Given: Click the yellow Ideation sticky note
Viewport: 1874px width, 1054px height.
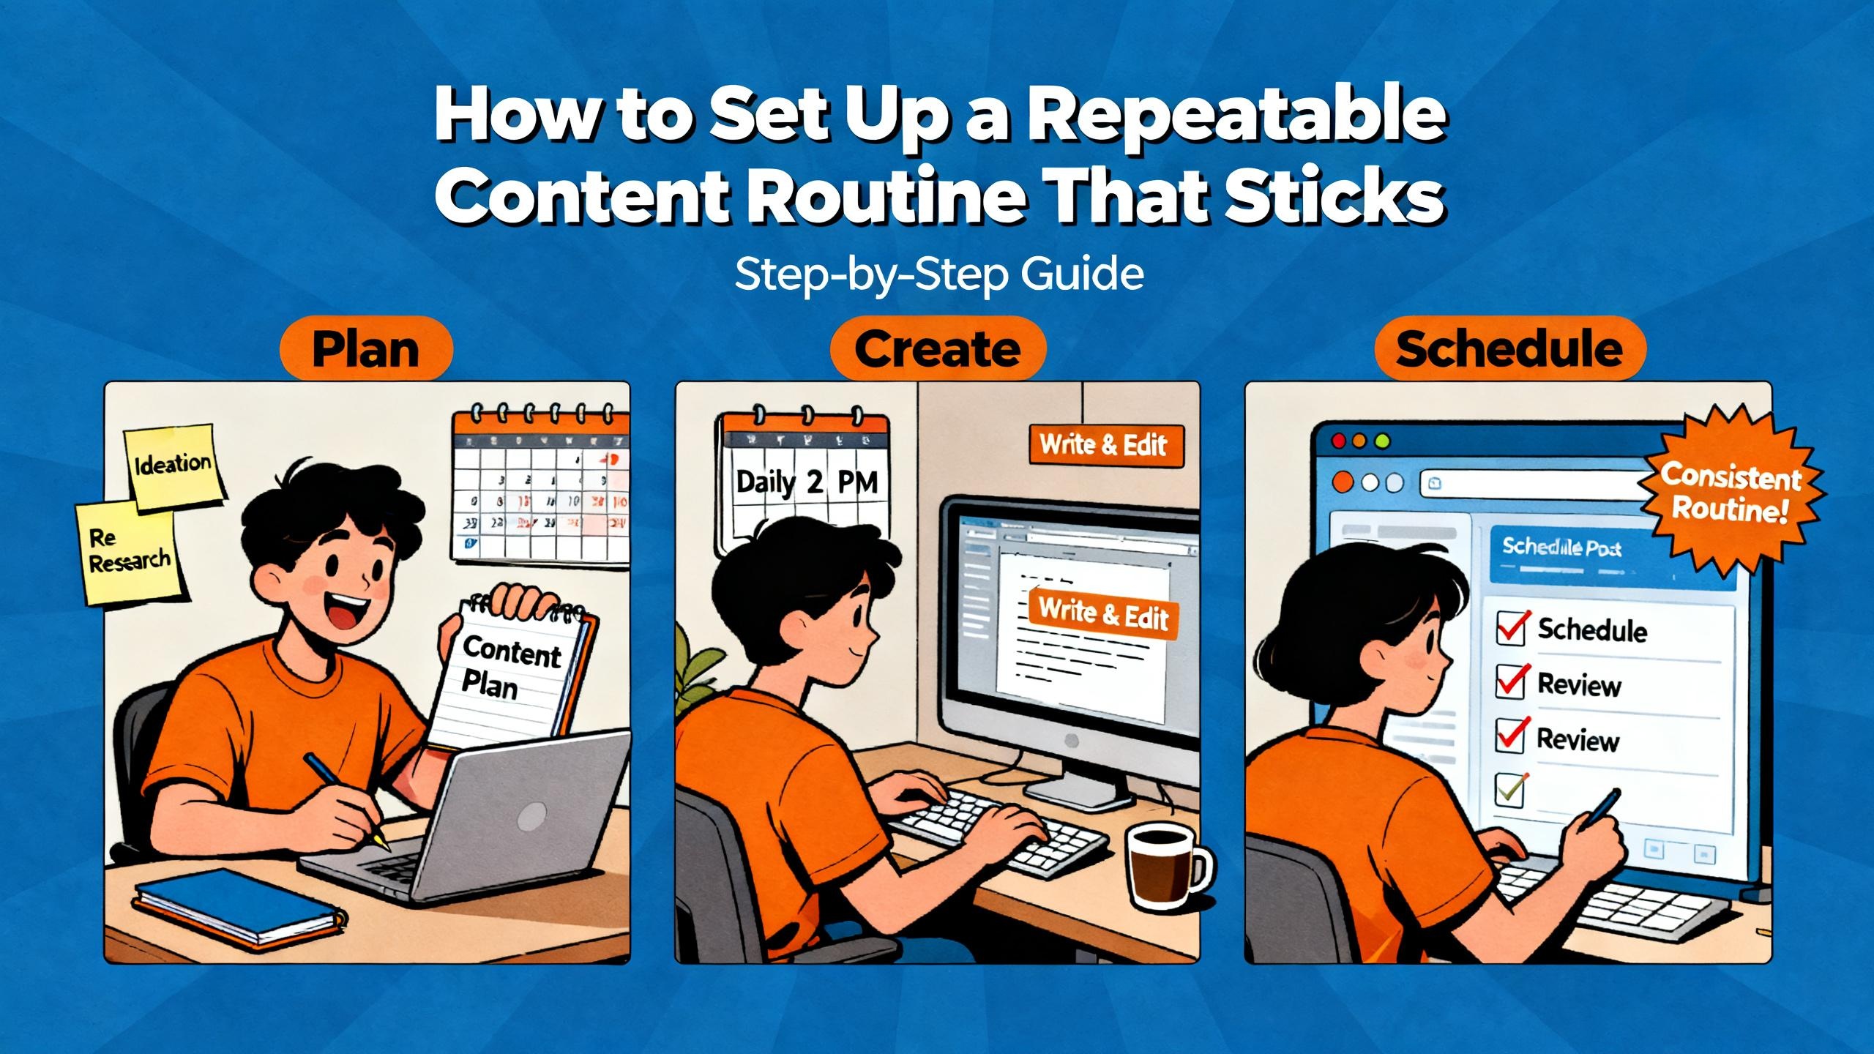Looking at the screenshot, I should [x=173, y=466].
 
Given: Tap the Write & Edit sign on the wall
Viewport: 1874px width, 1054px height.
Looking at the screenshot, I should [x=1105, y=444].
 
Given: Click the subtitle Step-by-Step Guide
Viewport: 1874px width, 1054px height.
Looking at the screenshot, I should [x=938, y=274].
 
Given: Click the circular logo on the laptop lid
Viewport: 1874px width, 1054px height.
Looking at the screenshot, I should [x=532, y=815].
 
